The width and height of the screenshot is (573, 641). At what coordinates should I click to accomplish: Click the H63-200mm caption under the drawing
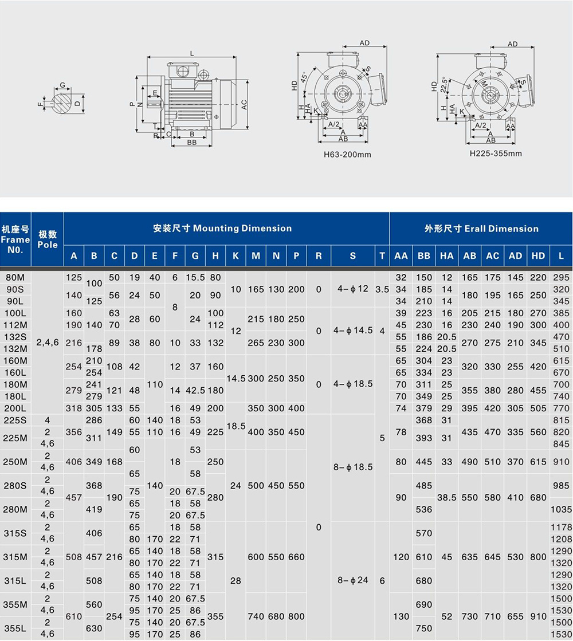pyautogui.click(x=347, y=155)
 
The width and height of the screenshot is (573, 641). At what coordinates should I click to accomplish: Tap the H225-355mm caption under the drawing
pyautogui.click(x=496, y=154)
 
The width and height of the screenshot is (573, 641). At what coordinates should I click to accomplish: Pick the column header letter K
pyautogui.click(x=236, y=256)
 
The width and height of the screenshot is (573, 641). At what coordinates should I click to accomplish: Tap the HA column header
pyautogui.click(x=446, y=256)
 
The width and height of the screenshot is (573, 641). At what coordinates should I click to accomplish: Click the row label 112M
pyautogui.click(x=15, y=325)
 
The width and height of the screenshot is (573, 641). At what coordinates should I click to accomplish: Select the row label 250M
pyautogui.click(x=15, y=462)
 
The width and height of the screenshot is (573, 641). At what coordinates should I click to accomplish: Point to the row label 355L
pyautogui.click(x=15, y=628)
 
